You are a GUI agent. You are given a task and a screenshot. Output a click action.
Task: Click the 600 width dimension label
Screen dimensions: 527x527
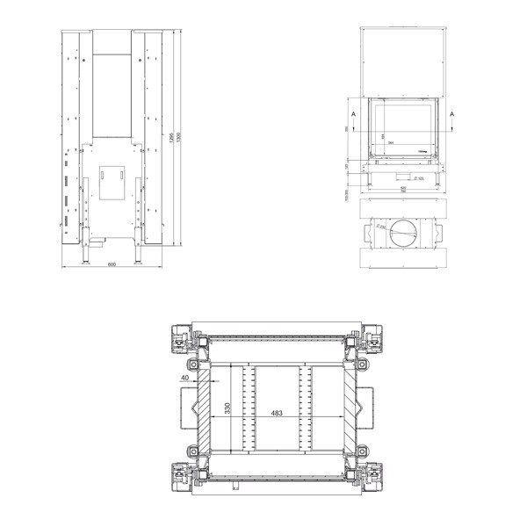pos(112,265)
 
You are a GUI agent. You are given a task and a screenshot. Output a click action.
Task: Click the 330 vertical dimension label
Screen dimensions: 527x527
pos(227,409)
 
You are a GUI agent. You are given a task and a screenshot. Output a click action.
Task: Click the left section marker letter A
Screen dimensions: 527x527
pos(353,115)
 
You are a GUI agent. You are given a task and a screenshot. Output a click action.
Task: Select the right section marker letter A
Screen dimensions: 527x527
pos(452,115)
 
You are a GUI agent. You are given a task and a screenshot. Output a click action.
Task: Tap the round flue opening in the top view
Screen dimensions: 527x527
pos(406,233)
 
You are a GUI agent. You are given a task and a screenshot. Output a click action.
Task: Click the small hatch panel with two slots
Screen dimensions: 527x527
pos(112,180)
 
